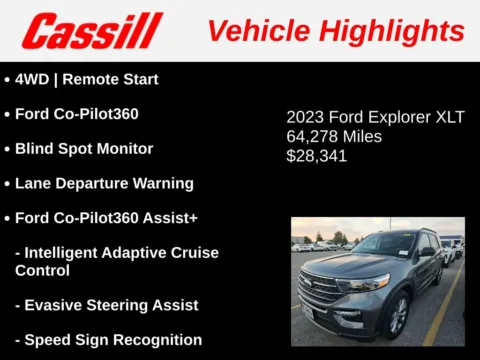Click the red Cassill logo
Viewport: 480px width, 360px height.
(91, 31)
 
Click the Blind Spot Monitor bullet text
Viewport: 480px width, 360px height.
(84, 148)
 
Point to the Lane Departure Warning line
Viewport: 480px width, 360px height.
(104, 183)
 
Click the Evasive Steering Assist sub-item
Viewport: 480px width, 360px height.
(111, 305)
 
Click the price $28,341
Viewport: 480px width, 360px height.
(316, 155)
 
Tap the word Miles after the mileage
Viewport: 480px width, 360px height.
(362, 136)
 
